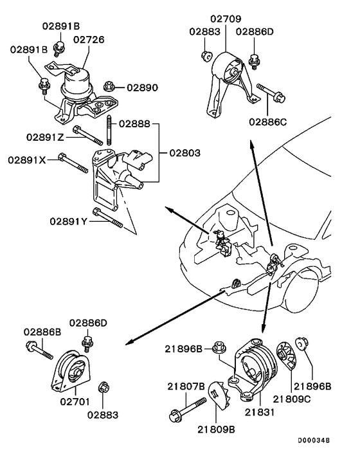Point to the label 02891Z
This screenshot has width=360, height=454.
[x=46, y=136]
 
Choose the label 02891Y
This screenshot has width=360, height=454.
[x=68, y=221]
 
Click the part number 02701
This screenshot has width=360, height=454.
[x=75, y=403]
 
